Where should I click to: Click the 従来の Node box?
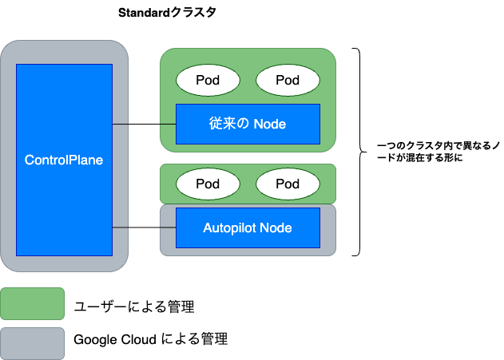(x=248, y=124)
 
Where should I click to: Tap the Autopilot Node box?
(x=248, y=227)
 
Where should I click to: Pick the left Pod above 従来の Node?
(x=208, y=80)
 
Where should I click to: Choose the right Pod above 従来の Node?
(x=288, y=80)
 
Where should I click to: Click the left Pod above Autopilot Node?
(x=208, y=184)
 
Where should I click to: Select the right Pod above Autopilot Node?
(x=288, y=184)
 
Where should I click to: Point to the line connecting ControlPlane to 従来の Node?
(x=144, y=125)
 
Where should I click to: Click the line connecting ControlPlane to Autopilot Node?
(x=144, y=228)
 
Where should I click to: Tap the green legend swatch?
(x=32, y=303)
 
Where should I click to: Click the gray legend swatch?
(x=32, y=341)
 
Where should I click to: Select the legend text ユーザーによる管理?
(x=134, y=306)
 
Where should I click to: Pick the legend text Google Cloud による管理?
(x=151, y=340)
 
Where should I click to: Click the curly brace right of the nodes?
(x=359, y=152)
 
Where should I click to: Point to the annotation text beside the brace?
(x=439, y=152)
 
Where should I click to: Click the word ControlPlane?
(x=64, y=160)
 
